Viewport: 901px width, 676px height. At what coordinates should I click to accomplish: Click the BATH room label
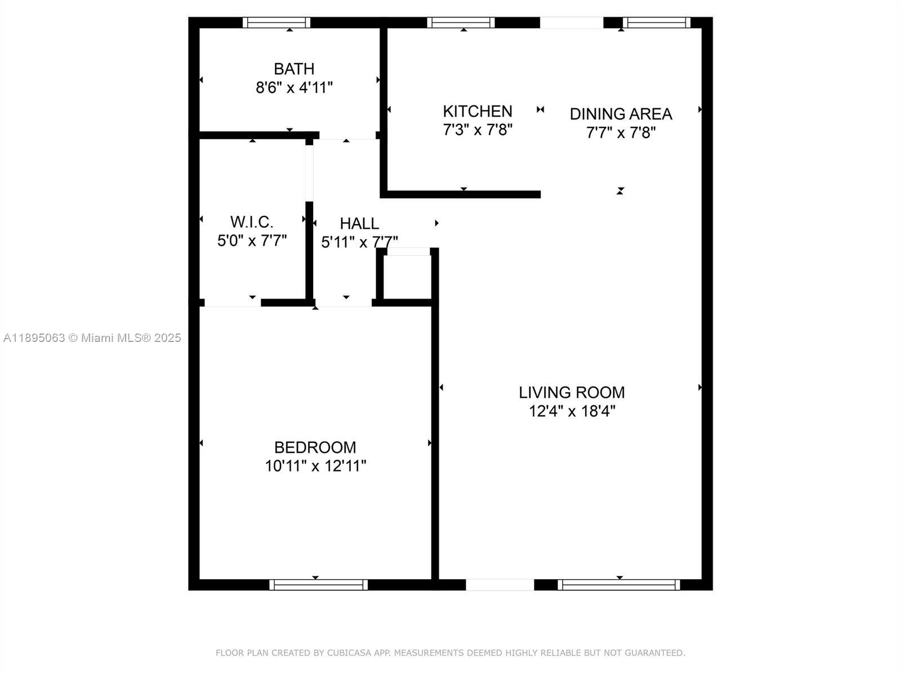[x=294, y=69]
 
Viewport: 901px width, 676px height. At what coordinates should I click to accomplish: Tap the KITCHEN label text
[x=478, y=111]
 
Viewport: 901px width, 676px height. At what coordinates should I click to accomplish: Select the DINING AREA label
[x=621, y=114]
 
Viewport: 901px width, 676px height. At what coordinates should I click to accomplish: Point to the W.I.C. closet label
[x=252, y=221]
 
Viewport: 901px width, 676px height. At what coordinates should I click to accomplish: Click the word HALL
[x=359, y=224]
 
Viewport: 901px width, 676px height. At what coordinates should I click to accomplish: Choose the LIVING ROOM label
[x=572, y=392]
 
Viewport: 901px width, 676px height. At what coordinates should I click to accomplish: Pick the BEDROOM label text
[x=315, y=447]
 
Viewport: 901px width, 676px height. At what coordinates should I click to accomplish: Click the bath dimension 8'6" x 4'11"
[x=294, y=88]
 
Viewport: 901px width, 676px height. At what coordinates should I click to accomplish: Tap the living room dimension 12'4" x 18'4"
[x=572, y=411]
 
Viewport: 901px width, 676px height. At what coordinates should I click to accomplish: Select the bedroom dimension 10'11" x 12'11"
[x=315, y=466]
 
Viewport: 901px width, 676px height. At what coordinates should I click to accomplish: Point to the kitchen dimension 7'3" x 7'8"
[x=478, y=130]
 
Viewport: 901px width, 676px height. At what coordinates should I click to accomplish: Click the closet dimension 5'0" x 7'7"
[x=252, y=241]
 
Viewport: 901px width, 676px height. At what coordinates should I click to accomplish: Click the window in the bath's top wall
[x=276, y=23]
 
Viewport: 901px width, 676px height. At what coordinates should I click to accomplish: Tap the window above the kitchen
[x=461, y=23]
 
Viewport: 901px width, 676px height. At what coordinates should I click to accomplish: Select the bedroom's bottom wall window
[x=318, y=585]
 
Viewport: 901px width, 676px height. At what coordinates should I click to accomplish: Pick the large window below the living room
[x=618, y=585]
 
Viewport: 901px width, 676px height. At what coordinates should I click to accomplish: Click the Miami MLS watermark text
[x=92, y=338]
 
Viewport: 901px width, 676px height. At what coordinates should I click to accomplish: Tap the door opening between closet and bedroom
[x=232, y=303]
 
